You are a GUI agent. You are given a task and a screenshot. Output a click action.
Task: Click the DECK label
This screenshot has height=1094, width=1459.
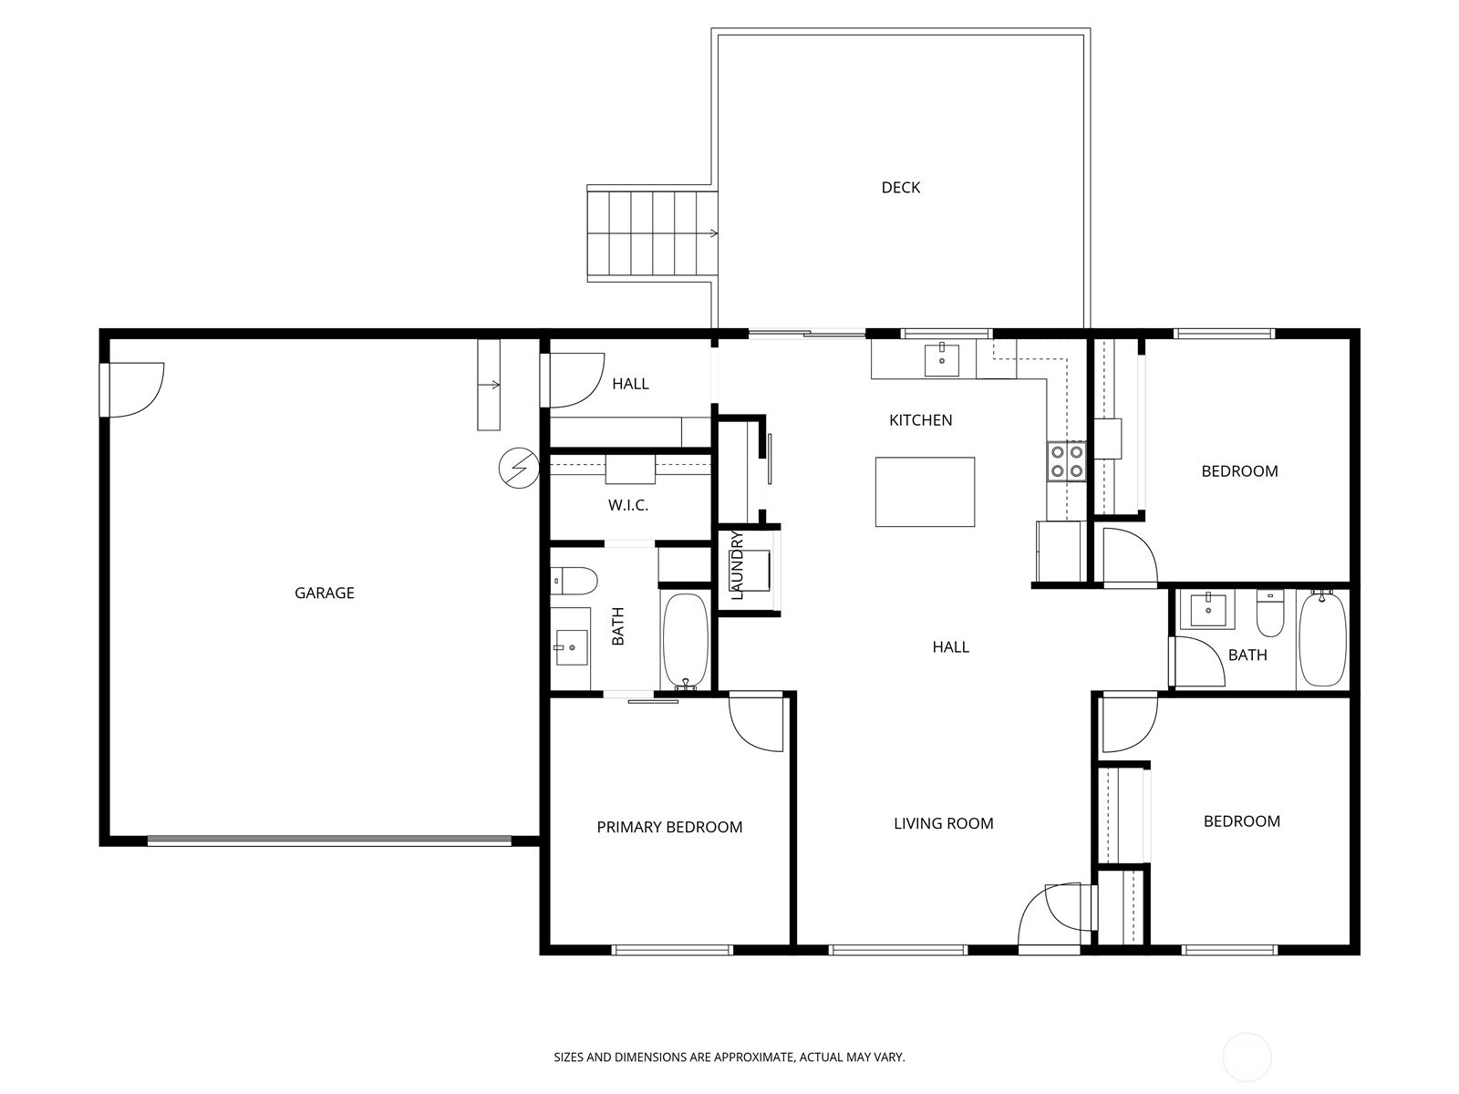pos(900,188)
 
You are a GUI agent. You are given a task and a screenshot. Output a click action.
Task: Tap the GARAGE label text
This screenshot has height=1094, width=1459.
pos(324,593)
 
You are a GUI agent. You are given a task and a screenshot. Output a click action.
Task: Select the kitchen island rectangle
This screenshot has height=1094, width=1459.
pos(925,492)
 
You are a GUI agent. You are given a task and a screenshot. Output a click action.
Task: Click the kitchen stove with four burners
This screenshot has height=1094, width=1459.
pos(1066,460)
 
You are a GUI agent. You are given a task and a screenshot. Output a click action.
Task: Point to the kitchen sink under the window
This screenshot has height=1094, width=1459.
pos(941,359)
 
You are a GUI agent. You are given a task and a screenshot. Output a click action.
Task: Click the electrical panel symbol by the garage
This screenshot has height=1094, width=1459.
pos(519,469)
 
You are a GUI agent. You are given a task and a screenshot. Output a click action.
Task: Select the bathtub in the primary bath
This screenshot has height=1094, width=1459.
pos(684,640)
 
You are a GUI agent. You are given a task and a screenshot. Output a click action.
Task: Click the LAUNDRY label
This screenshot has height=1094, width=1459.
pos(738,565)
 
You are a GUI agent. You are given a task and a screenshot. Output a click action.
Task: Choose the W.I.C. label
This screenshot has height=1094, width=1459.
pos(628,505)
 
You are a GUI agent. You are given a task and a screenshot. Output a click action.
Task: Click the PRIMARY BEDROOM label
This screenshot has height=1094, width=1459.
pos(669,827)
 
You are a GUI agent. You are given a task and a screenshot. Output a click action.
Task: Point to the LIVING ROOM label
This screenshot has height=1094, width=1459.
pos(943,823)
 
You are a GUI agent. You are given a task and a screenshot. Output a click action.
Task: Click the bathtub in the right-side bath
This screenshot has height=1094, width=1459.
pos(1321,638)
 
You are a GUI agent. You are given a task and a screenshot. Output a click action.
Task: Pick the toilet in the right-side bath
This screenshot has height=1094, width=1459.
pos(1269,613)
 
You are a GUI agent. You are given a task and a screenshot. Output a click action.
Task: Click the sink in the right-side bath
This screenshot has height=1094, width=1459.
pos(1207,609)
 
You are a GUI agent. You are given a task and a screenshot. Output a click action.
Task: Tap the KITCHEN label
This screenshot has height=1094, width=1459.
pos(920,420)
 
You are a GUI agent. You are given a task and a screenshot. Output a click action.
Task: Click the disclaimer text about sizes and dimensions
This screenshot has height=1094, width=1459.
pos(729,1058)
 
